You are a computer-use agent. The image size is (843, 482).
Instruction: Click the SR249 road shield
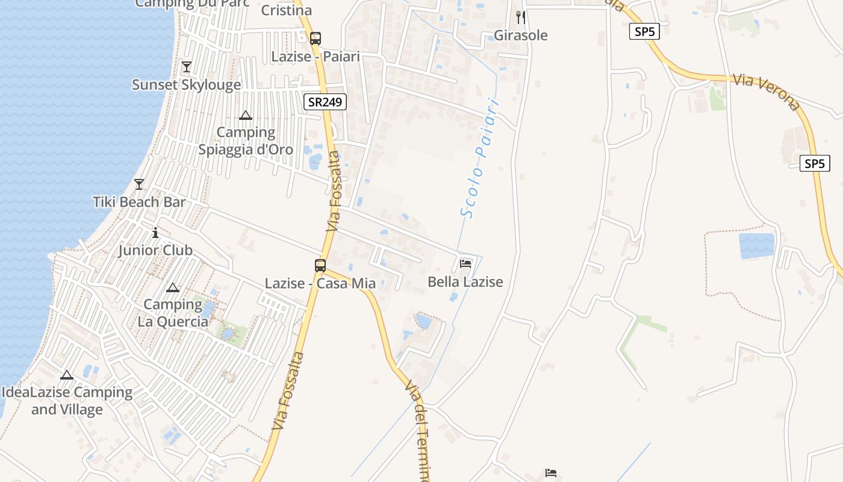point(325,102)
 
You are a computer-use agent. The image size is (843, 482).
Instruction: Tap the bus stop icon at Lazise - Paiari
point(316,39)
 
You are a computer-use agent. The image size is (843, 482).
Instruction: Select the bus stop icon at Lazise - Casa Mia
point(320,265)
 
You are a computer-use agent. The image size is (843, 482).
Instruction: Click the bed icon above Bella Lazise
point(465,263)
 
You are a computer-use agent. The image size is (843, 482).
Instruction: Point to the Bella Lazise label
point(465,281)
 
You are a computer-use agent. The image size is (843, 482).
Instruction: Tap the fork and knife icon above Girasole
point(521,17)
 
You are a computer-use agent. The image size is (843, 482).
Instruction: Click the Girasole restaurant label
point(521,36)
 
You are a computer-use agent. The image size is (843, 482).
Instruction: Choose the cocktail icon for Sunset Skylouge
point(187,67)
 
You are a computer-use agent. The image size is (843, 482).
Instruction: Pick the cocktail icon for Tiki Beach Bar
point(139,184)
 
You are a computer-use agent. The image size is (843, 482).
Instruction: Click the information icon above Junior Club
point(155,232)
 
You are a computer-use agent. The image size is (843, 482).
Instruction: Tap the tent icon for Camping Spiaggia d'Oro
point(246,115)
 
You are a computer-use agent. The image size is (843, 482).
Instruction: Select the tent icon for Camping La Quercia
point(173,288)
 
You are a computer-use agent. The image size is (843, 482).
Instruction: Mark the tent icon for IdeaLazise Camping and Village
point(67,375)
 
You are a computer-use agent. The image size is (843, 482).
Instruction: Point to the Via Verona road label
point(767,93)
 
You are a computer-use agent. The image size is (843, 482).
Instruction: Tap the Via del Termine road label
point(422,431)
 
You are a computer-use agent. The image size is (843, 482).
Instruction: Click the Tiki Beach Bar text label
point(139,202)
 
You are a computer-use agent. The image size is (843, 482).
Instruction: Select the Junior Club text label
point(155,250)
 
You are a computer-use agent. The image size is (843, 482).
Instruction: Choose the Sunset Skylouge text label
point(187,85)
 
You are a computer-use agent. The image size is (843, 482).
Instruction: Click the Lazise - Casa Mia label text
point(320,283)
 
